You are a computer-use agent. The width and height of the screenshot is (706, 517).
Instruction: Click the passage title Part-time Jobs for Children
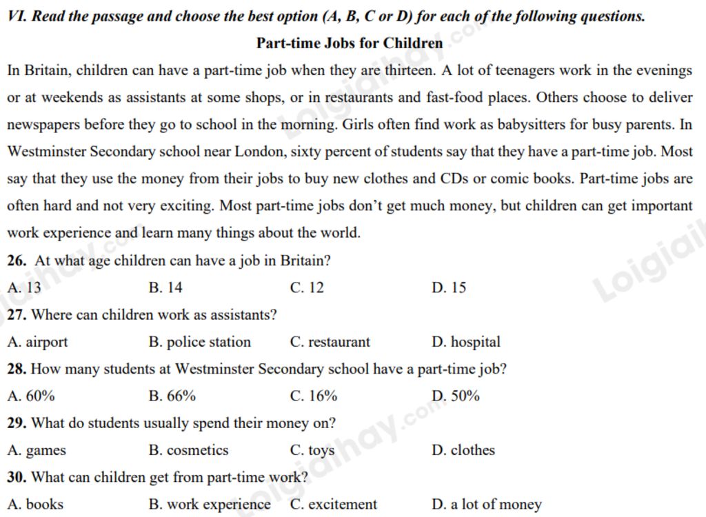pyautogui.click(x=350, y=43)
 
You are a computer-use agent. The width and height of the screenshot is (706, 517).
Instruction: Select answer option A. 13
pyautogui.click(x=24, y=287)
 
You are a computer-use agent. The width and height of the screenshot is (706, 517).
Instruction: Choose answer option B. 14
pyautogui.click(x=165, y=287)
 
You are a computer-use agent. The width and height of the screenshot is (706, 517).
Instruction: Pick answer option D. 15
pyautogui.click(x=449, y=287)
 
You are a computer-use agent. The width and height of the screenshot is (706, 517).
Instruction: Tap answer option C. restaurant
pyautogui.click(x=330, y=342)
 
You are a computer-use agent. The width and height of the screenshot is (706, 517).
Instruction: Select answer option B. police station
pyautogui.click(x=200, y=342)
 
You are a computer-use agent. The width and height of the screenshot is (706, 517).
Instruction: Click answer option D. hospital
pyautogui.click(x=466, y=342)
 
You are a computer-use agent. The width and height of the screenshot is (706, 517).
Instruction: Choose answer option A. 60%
pyautogui.click(x=31, y=396)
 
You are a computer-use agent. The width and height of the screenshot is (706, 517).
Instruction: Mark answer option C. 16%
pyautogui.click(x=314, y=396)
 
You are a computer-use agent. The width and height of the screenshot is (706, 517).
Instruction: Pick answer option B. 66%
pyautogui.click(x=172, y=396)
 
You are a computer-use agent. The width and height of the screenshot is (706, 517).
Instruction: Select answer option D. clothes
pyautogui.click(x=463, y=450)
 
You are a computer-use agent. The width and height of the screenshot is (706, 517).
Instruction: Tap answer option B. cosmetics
pyautogui.click(x=188, y=450)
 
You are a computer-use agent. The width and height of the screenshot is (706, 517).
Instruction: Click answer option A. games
pyautogui.click(x=37, y=450)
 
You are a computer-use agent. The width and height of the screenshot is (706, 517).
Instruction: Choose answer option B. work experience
pyautogui.click(x=210, y=505)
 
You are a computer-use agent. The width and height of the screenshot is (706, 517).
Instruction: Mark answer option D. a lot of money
pyautogui.click(x=487, y=505)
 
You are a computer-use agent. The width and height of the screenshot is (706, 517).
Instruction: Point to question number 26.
pyautogui.click(x=17, y=261)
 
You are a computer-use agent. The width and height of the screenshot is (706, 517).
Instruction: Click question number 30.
pyautogui.click(x=17, y=477)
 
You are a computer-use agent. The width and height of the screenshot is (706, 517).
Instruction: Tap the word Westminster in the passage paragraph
pyautogui.click(x=47, y=152)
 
